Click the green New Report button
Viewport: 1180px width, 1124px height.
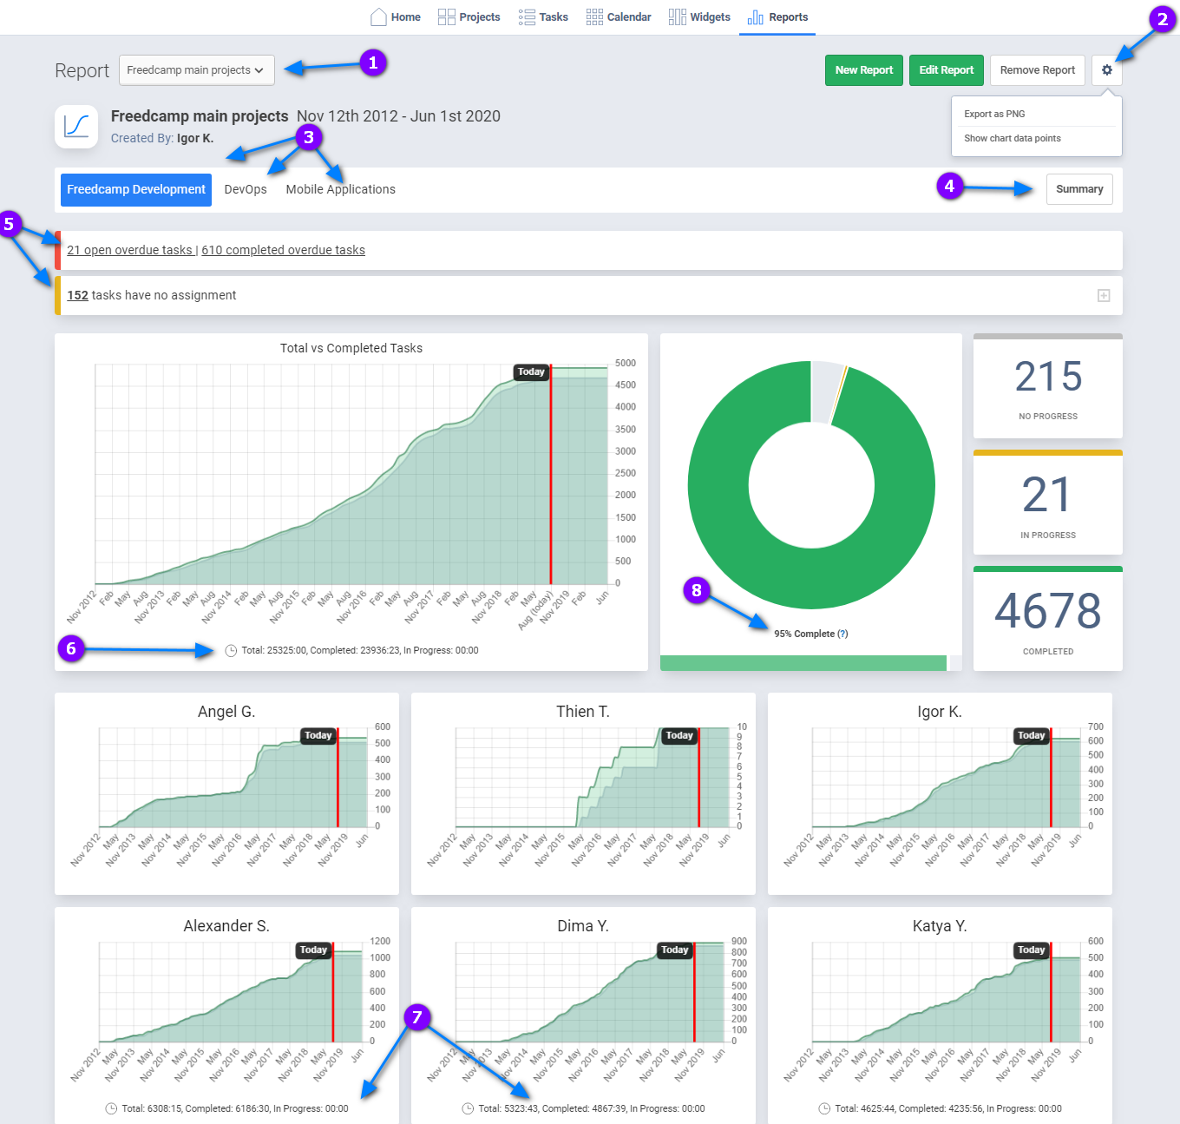coord(863,70)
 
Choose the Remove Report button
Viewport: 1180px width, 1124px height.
coord(1037,70)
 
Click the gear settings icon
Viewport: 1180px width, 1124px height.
coord(1106,70)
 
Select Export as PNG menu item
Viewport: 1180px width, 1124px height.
coord(994,114)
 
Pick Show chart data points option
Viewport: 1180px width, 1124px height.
coord(1012,138)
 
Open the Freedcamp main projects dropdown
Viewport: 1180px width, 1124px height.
coord(196,70)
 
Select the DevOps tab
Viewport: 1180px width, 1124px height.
coord(246,189)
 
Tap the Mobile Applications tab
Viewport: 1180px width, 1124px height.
coord(340,189)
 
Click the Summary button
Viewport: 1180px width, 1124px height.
coord(1078,189)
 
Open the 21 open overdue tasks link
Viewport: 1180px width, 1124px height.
coord(129,250)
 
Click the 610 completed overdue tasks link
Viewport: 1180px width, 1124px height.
coord(283,250)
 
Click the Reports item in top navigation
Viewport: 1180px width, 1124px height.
coord(778,17)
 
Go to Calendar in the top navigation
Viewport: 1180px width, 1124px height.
coord(619,17)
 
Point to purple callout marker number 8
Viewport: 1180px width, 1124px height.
coord(696,590)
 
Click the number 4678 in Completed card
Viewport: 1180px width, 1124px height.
coord(1047,611)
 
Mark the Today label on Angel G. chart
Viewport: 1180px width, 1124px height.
coord(318,735)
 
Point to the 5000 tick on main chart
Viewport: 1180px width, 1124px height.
coord(625,363)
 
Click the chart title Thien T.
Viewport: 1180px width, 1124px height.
coord(582,712)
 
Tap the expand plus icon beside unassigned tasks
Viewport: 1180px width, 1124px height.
coord(1104,296)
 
